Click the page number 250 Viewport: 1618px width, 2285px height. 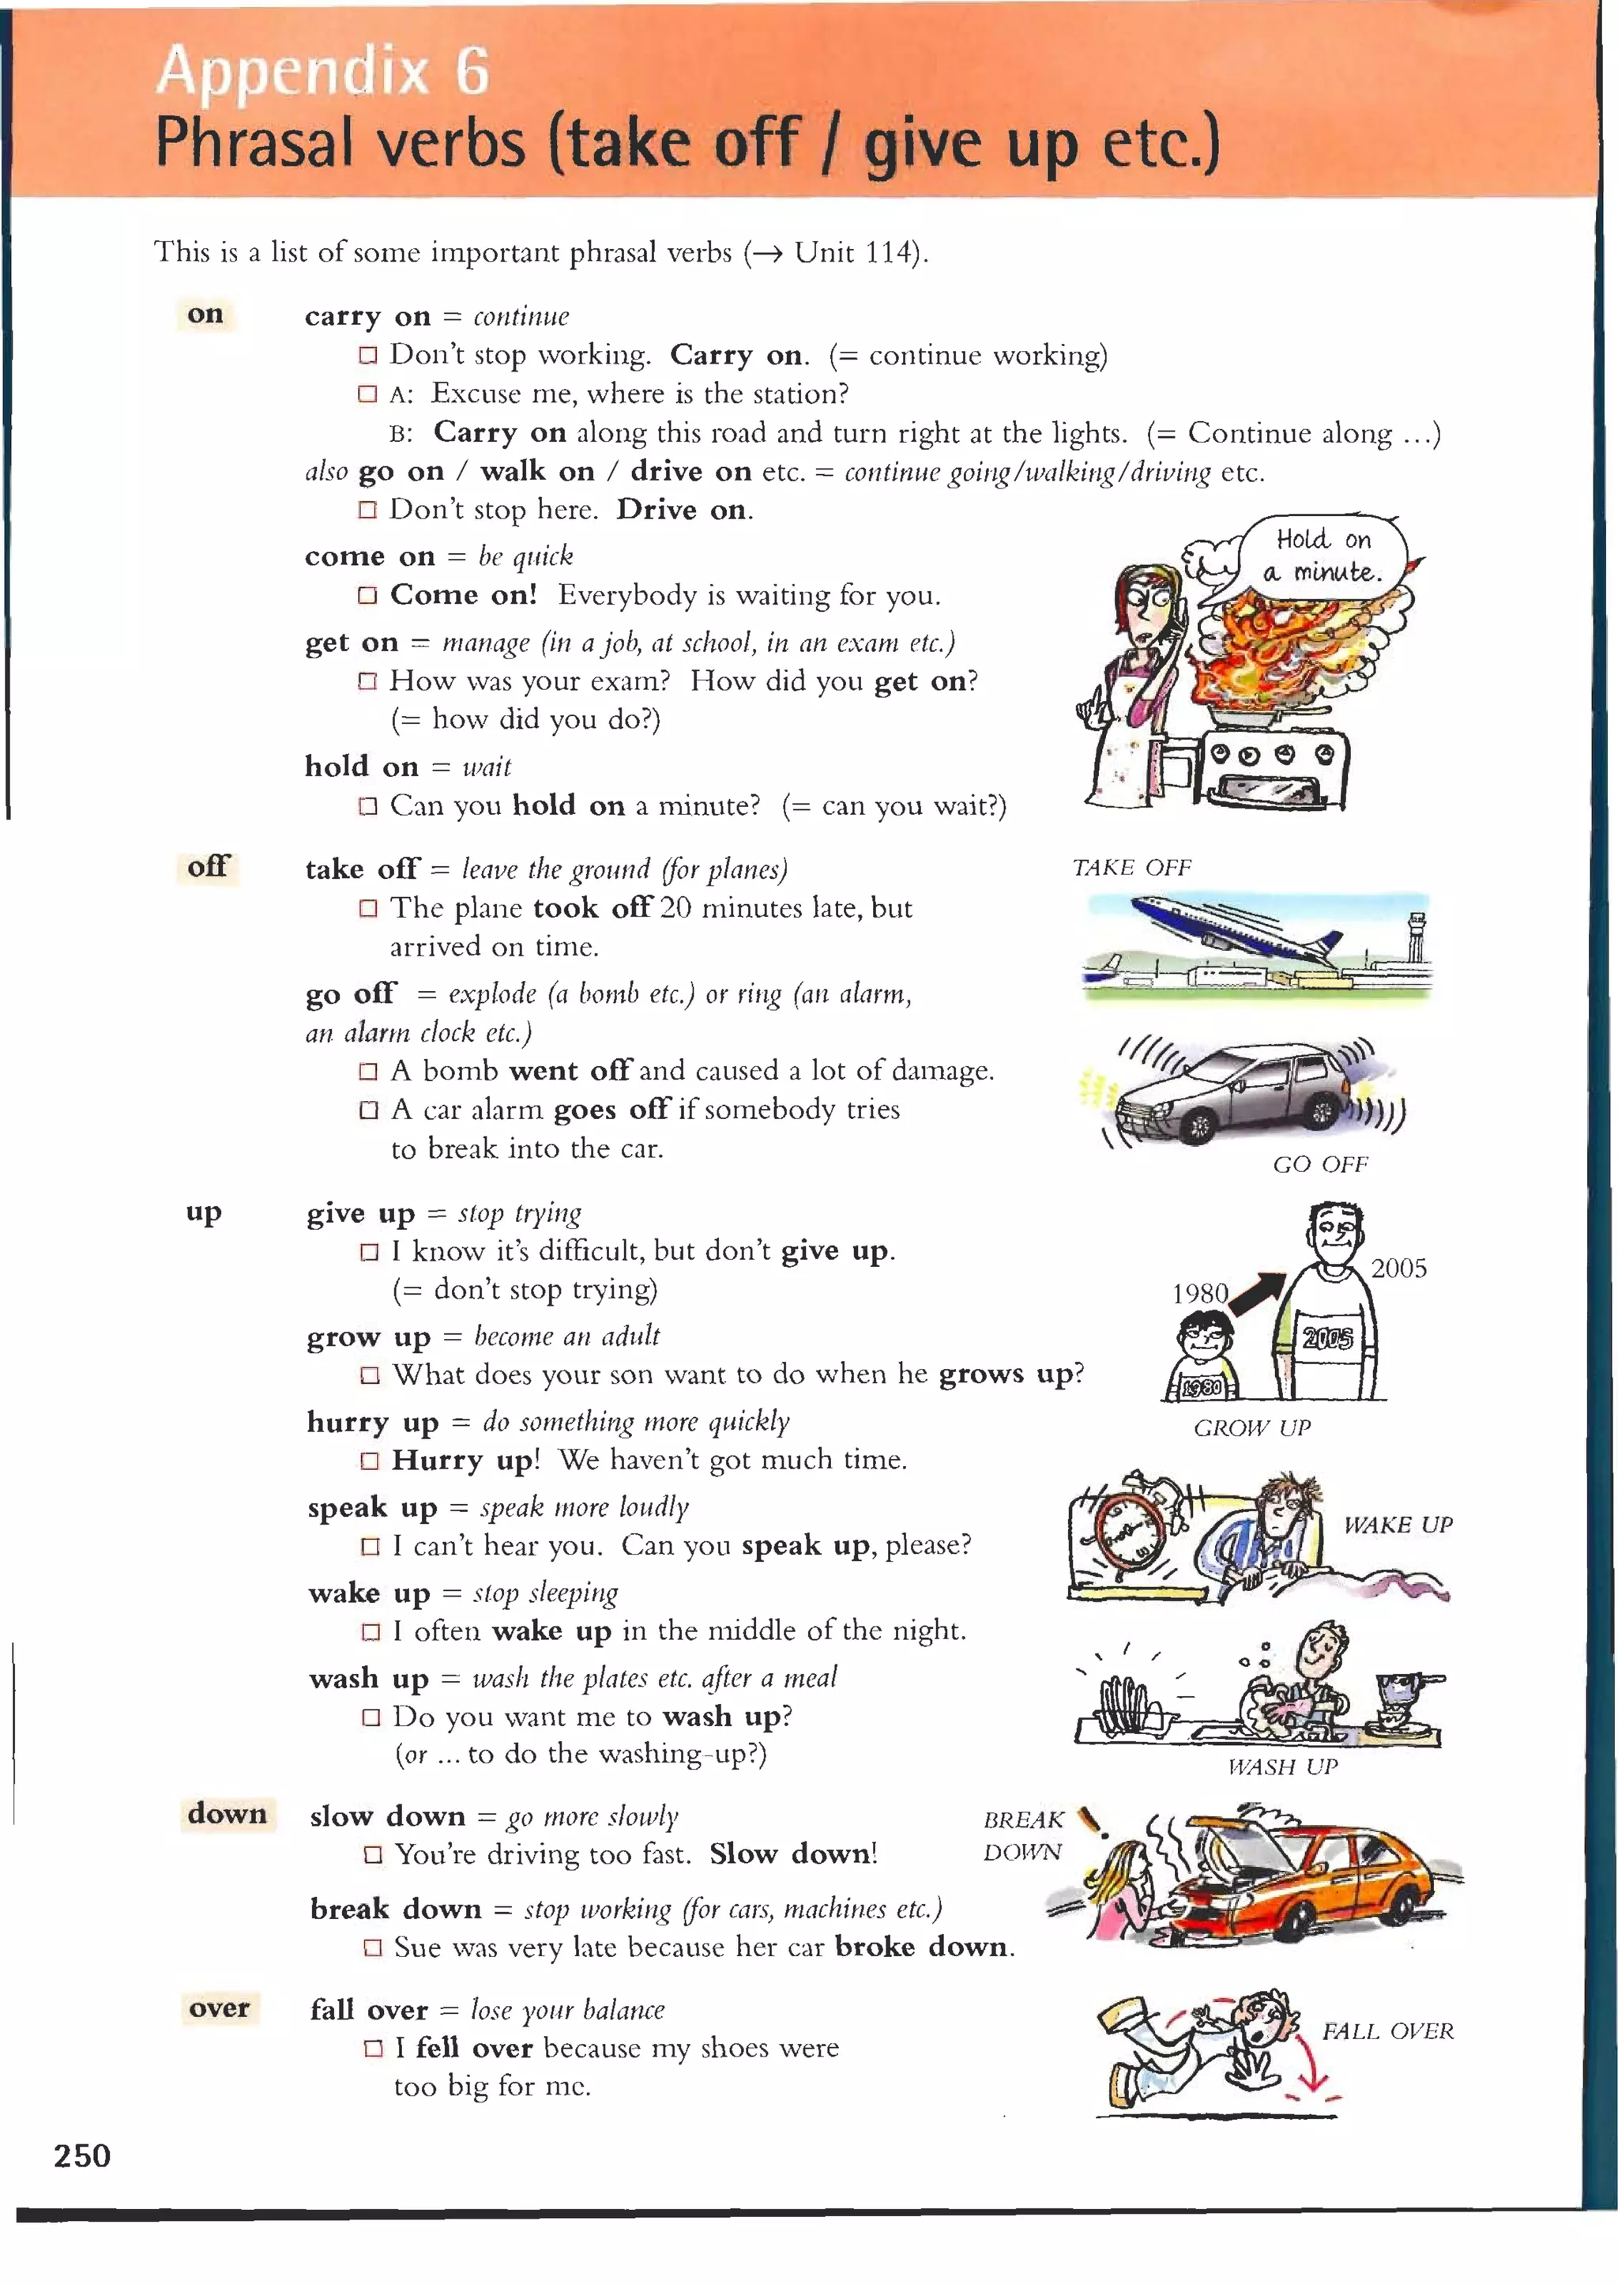(83, 2155)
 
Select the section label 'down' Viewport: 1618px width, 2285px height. (228, 1812)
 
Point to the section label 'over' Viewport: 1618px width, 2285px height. (219, 2007)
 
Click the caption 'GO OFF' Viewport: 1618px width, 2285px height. (1320, 1164)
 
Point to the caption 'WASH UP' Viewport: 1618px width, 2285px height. (1282, 1767)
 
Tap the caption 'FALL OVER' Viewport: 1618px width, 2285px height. (1387, 2030)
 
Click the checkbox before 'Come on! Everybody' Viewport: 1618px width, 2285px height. (367, 595)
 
